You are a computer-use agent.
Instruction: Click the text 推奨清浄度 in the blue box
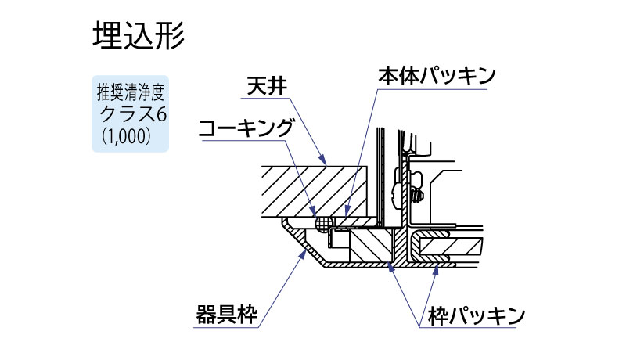coord(131,92)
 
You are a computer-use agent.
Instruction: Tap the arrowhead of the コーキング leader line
coord(315,215)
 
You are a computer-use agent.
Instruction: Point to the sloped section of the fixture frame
coord(301,244)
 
